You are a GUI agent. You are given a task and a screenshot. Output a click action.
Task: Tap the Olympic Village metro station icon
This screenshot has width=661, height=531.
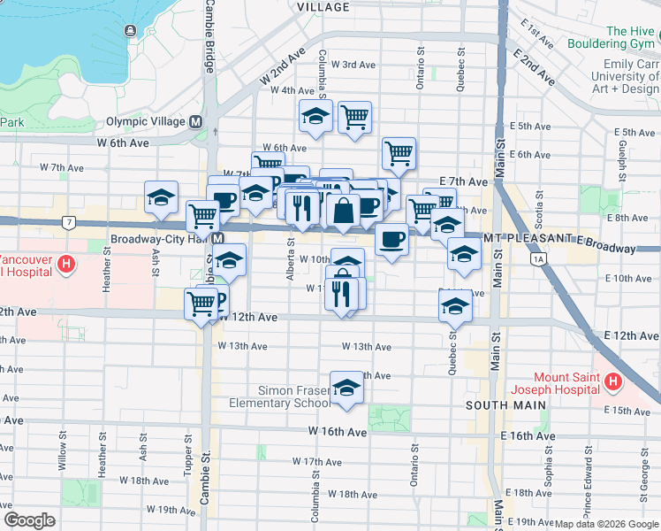click(x=196, y=121)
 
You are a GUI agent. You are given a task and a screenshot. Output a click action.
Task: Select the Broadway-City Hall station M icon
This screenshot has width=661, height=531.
click(x=217, y=239)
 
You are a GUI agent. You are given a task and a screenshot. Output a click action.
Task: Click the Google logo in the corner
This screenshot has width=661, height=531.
click(x=29, y=520)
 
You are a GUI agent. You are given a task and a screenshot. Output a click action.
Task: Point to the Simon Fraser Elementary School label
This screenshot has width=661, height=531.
click(x=281, y=396)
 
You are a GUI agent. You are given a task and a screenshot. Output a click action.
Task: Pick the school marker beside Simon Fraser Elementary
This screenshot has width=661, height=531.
click(x=346, y=388)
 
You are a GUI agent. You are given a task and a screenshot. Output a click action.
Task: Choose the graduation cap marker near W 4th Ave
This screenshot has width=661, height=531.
click(x=315, y=117)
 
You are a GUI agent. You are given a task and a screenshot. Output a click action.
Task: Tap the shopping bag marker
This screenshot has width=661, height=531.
click(x=343, y=211)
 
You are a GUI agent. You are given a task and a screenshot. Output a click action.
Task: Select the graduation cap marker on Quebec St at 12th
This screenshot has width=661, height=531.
click(x=455, y=306)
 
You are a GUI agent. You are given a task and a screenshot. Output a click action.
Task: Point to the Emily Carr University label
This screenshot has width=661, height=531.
click(x=631, y=76)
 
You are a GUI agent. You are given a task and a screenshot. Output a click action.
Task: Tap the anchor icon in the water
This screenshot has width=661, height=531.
click(x=131, y=31)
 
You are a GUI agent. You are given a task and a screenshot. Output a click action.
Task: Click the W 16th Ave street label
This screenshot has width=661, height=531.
click(x=337, y=432)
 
